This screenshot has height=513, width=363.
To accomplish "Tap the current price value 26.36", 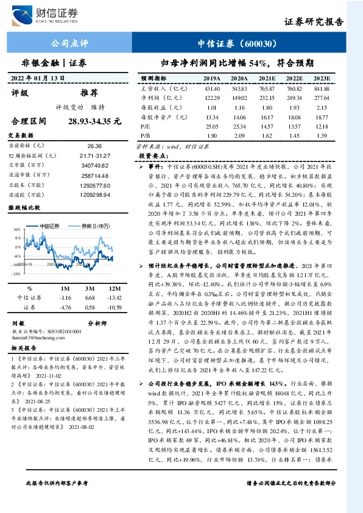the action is tap(95, 146).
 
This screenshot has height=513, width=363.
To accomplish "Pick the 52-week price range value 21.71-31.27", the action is tap(95, 155).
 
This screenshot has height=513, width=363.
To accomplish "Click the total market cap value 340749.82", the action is tap(95, 165).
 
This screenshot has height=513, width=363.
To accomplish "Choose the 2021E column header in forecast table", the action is tap(266, 79).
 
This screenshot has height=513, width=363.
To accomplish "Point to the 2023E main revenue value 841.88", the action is tap(321, 88).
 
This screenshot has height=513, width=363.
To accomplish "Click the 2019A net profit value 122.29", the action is tap(211, 97).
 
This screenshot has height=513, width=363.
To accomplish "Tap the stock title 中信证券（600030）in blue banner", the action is tap(238, 43).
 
